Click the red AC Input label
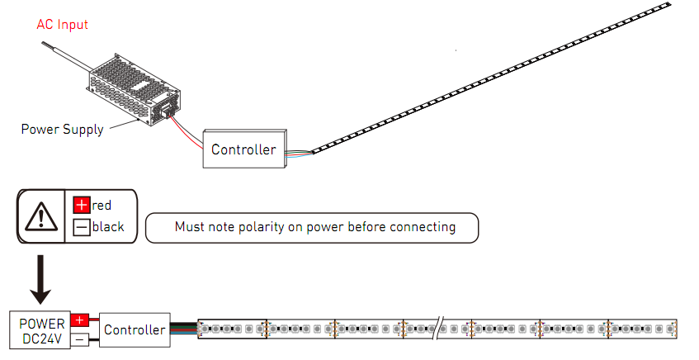click(62, 25)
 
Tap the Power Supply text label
click(62, 129)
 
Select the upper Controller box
click(243, 149)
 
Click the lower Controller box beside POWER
click(135, 330)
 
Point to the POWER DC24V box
click(40, 329)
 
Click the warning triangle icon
click(40, 216)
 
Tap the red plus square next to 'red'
click(82, 205)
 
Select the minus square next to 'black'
click(82, 226)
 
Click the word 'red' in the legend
click(102, 205)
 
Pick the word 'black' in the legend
click(108, 226)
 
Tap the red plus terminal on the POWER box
click(80, 320)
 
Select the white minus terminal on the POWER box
click(80, 339)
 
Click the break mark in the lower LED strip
click(441, 329)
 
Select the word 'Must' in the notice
click(189, 227)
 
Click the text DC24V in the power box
click(40, 338)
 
